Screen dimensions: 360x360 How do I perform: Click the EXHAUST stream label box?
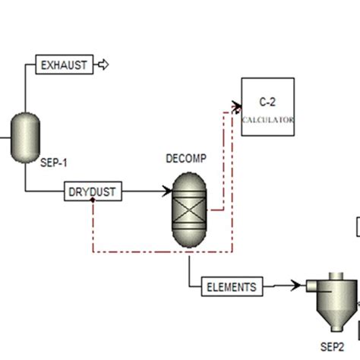pos(65,65)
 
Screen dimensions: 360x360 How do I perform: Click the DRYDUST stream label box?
pos(92,192)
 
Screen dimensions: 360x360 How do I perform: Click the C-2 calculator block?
pos(267,107)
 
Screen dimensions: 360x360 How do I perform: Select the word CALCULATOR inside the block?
pos(267,120)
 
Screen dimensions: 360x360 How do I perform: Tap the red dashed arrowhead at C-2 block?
pos(236,106)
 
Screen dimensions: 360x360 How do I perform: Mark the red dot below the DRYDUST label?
pos(92,202)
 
